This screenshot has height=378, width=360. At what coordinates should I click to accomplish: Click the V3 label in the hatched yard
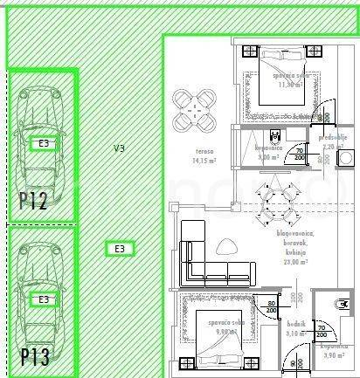click(x=119, y=149)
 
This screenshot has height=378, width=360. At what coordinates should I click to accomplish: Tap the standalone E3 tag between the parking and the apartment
click(x=120, y=249)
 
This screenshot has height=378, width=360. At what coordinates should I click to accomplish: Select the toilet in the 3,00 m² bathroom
click(x=275, y=135)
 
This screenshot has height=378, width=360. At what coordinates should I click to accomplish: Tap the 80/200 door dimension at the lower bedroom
click(x=270, y=306)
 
